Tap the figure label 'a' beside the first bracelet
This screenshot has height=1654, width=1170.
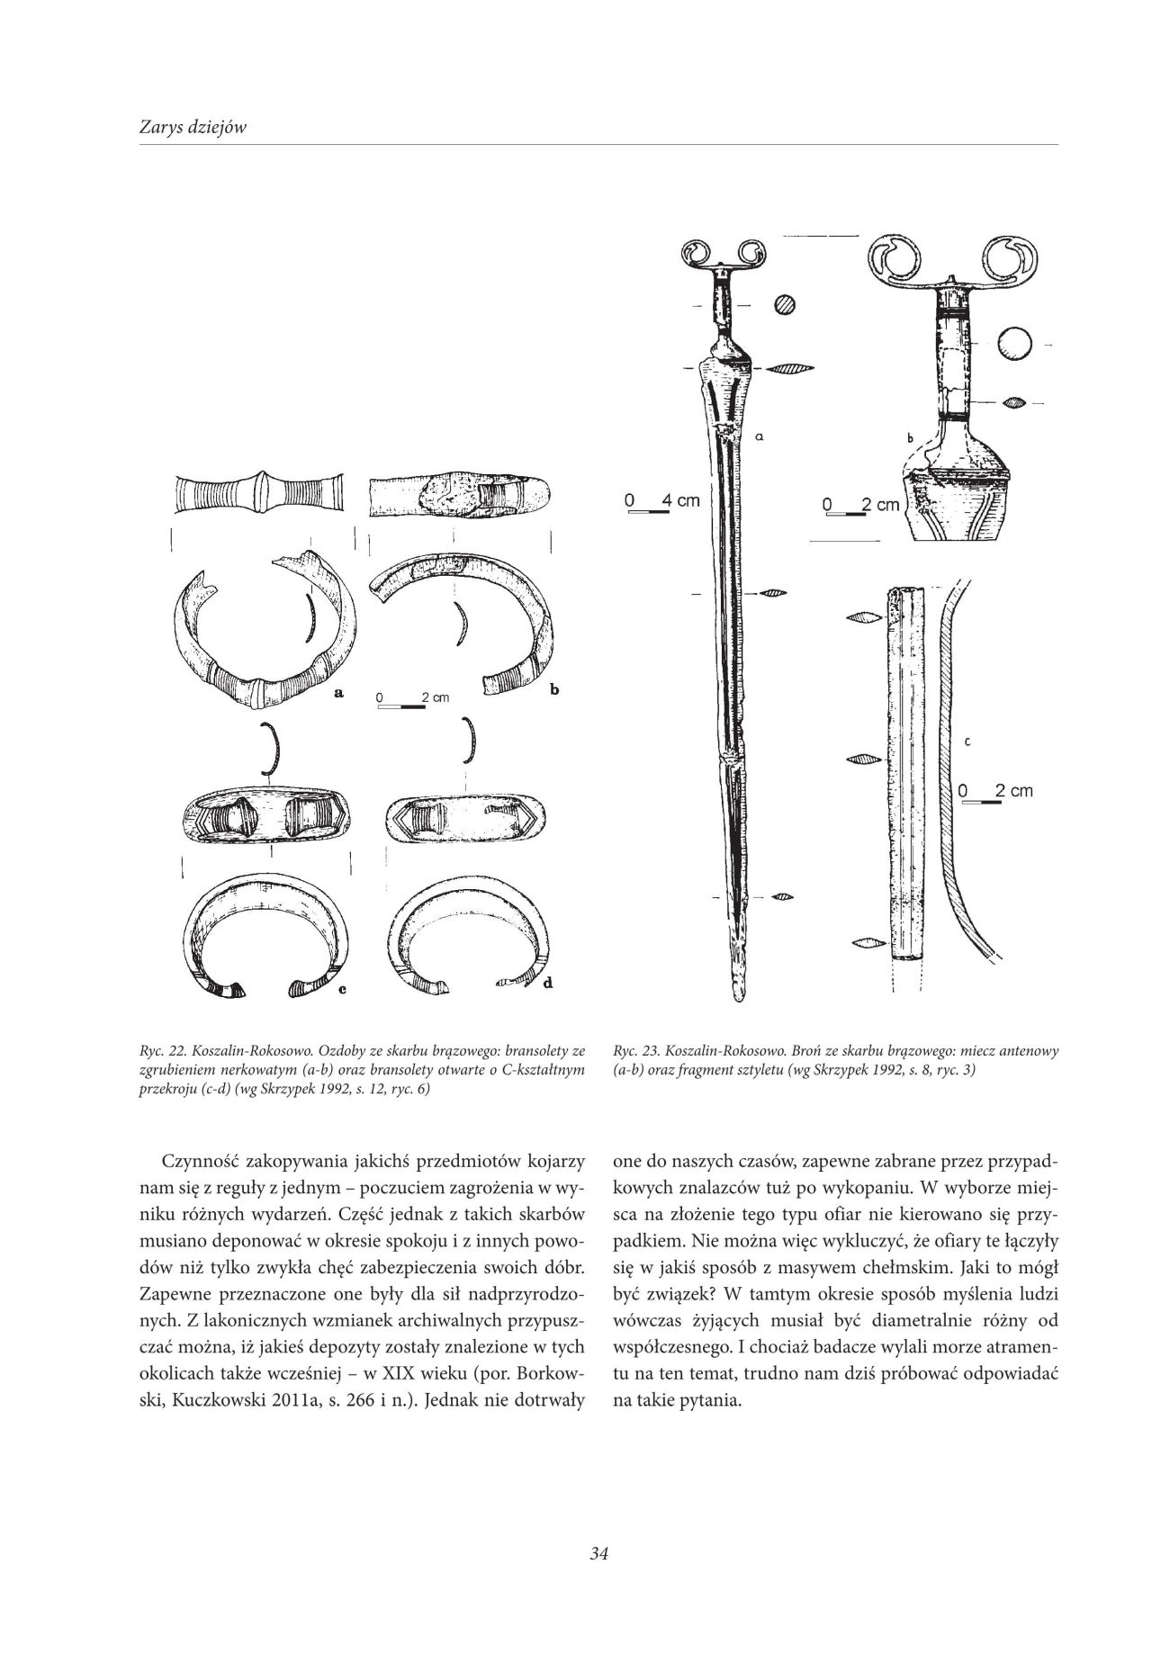(x=339, y=693)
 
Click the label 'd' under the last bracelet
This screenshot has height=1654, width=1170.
(x=547, y=983)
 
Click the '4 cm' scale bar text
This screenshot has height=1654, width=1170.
(x=680, y=499)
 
